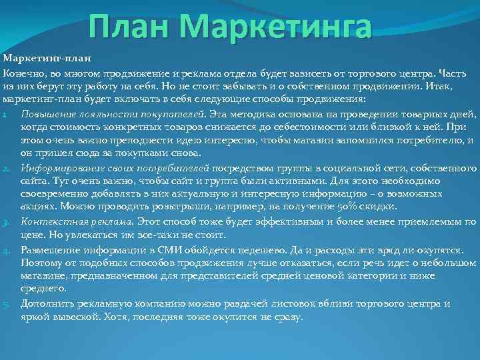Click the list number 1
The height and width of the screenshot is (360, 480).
coord(5,113)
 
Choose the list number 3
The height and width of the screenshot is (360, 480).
coord(5,221)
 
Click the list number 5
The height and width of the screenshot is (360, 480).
coord(5,304)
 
